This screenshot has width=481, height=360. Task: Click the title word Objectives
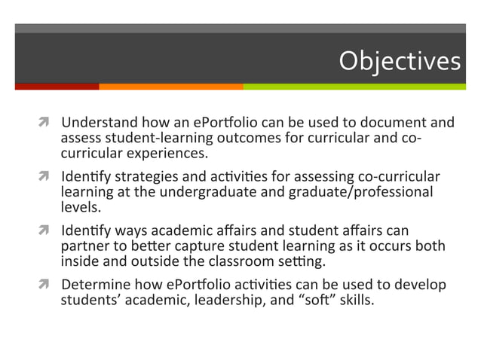click(399, 60)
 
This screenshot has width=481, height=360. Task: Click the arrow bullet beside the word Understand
click(47, 123)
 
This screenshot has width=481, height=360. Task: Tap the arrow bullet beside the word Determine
click(47, 286)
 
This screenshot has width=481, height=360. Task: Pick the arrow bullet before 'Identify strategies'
click(47, 178)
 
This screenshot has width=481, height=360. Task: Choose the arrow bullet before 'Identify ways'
click(47, 232)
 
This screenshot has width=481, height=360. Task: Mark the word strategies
click(147, 178)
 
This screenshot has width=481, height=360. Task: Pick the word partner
click(84, 247)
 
